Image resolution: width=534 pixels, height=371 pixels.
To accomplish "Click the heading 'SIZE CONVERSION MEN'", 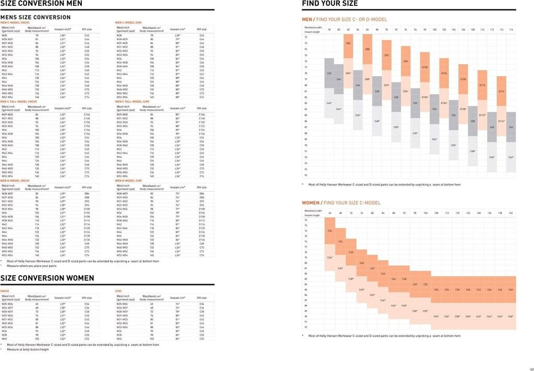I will [41, 4].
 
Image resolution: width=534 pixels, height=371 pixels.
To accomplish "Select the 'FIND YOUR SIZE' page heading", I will [330, 4].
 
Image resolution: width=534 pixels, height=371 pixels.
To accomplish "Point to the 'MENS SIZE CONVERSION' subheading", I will [35, 17].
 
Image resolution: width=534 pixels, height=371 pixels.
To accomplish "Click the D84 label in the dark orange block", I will [348, 43].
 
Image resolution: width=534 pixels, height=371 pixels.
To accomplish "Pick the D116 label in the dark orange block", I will [501, 91].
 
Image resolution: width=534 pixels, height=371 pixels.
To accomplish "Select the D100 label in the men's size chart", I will [424, 67].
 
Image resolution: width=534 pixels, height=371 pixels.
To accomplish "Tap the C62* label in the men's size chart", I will [511, 157].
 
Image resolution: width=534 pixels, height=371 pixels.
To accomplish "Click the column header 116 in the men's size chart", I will [511, 30].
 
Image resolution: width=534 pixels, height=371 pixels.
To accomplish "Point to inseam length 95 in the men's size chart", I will [306, 175].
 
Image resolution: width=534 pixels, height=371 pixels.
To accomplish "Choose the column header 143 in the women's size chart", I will [511, 213].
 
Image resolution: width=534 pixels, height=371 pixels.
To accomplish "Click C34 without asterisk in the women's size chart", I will [330, 231].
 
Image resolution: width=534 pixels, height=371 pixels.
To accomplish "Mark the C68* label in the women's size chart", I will [511, 316].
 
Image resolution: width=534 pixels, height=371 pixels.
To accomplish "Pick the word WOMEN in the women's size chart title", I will [311, 202].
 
